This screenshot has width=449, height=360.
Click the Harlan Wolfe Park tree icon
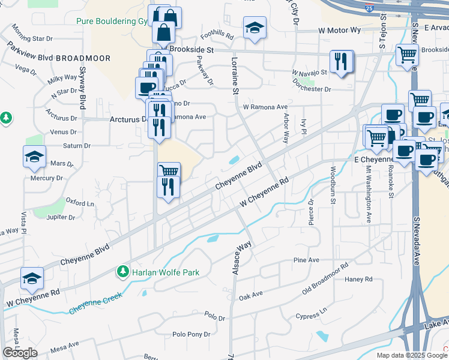click(x=123, y=272)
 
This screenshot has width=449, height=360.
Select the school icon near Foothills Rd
click(x=255, y=27)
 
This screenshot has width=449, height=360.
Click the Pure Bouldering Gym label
click(x=112, y=21)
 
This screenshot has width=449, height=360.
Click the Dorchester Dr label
click(x=312, y=89)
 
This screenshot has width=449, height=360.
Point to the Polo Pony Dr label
click(x=191, y=334)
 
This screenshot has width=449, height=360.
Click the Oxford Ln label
click(x=80, y=202)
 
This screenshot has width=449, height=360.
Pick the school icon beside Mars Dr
click(x=34, y=157)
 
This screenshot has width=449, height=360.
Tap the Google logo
click(x=20, y=353)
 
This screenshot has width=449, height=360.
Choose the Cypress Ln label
click(x=312, y=316)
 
